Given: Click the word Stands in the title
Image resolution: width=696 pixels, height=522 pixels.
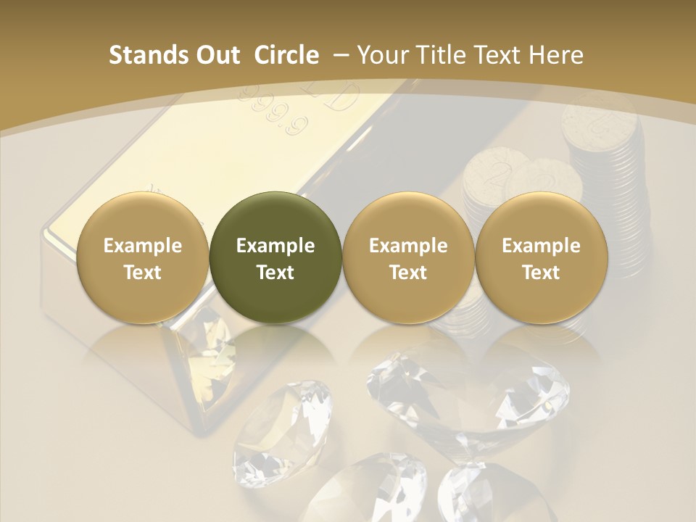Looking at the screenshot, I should (x=148, y=55).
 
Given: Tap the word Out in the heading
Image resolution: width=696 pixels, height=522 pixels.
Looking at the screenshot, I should (x=217, y=55).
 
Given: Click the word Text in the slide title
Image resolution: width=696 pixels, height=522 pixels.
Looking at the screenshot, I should (x=498, y=55).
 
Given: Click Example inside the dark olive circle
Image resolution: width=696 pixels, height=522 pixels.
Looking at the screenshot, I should (x=275, y=246).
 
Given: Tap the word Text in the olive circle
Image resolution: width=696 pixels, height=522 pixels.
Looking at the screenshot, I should (x=275, y=273).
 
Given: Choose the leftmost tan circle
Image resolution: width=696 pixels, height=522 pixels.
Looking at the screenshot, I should (x=142, y=257).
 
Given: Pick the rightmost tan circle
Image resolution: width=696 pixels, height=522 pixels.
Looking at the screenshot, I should (x=541, y=257).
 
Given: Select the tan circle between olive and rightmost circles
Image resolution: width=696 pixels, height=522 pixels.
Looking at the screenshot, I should (x=408, y=257).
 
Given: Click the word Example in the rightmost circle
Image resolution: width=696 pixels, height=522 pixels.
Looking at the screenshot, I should (x=541, y=246).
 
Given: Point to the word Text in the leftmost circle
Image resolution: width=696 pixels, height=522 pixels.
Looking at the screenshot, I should (x=142, y=273).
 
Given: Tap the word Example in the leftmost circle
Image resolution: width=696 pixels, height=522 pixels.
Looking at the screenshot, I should (x=142, y=246).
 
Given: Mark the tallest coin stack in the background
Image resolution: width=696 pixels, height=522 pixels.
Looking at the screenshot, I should (x=604, y=145).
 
